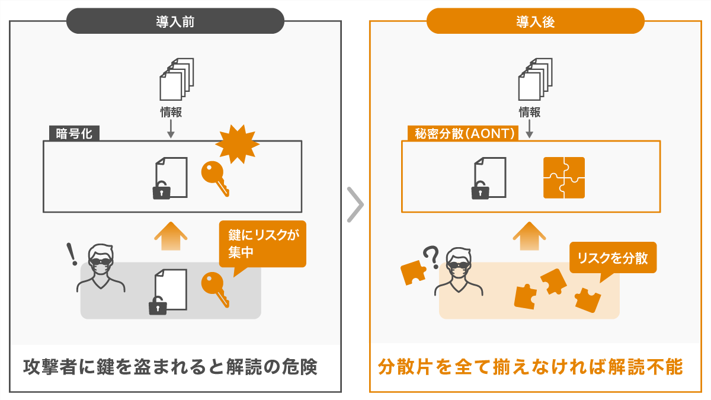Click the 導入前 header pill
pos(175,21)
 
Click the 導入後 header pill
pos(535,21)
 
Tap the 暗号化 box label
pos(74,133)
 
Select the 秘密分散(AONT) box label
pos(463,133)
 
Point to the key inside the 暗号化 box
pos(214,177)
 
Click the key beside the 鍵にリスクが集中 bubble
pos(214,288)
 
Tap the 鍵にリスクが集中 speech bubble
pos(262,244)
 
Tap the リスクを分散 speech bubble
pos(613,258)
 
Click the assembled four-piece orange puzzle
pos(563,177)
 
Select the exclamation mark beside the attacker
pos(73,254)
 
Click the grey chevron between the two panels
pos(354,204)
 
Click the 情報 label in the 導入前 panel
pos(171,111)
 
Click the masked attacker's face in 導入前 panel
pos(101,263)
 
